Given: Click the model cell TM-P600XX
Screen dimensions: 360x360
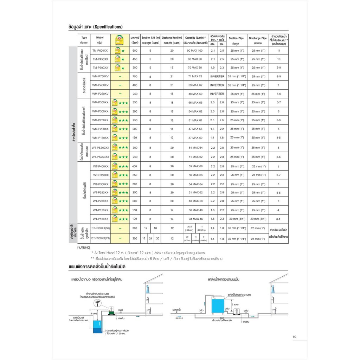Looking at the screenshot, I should (100, 51).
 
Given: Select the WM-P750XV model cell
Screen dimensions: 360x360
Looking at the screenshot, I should (100, 76).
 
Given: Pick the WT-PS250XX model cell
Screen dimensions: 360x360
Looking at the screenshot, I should (100, 157).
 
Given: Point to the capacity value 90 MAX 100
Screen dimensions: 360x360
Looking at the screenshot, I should (195, 51).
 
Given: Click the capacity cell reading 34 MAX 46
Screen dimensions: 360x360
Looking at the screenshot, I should (195, 219).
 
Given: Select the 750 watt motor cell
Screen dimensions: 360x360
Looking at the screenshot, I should (135, 76).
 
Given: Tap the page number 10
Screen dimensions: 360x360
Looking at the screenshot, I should (295, 337).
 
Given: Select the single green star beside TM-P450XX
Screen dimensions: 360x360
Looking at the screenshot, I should (123, 59).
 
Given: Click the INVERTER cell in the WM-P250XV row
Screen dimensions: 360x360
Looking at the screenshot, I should (217, 94).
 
